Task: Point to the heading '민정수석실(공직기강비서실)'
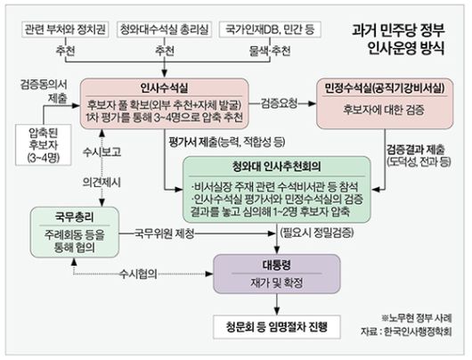coord(389,90)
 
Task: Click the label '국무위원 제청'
coord(170,233)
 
